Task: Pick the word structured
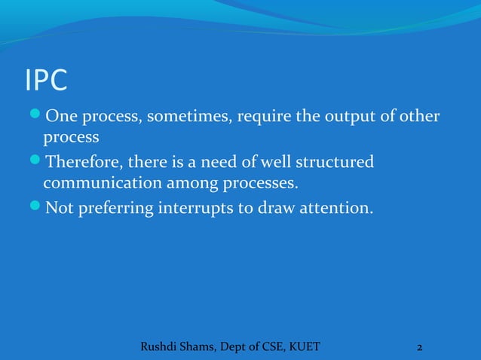(x=339, y=163)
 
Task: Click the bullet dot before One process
(x=35, y=118)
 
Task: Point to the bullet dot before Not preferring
(x=35, y=207)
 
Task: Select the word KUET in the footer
(x=303, y=346)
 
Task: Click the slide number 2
(x=419, y=347)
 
